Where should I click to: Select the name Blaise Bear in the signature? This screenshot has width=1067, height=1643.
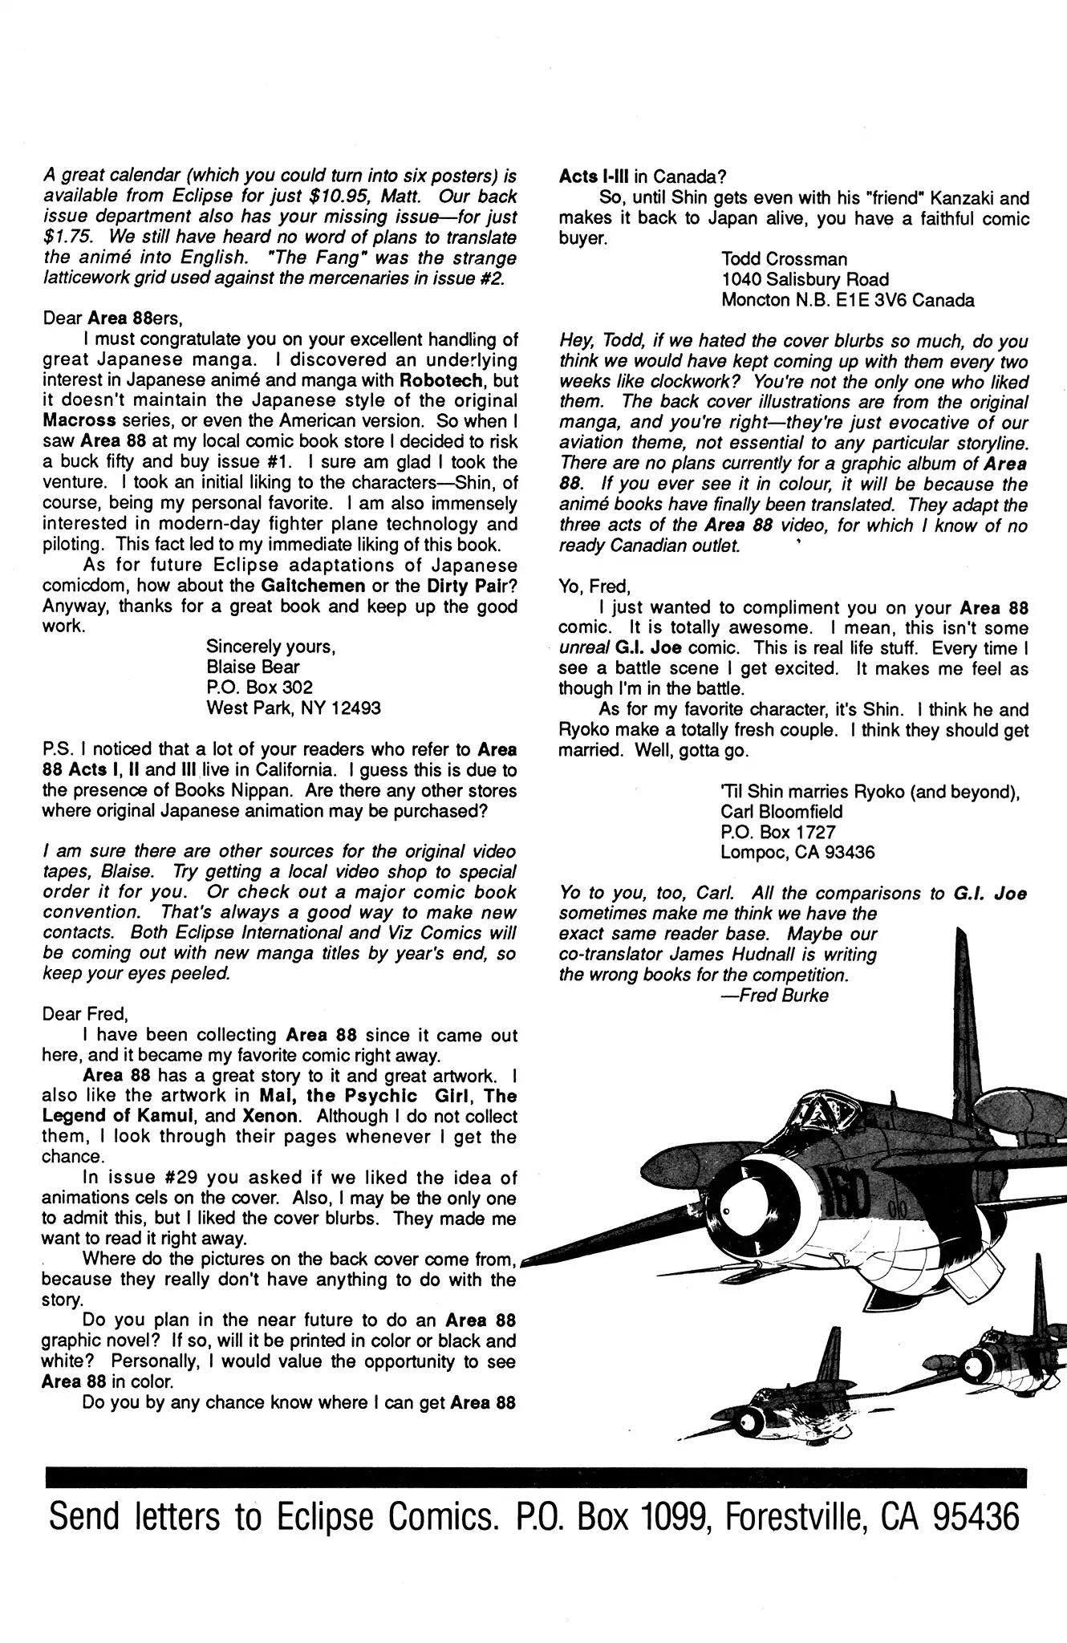tap(254, 667)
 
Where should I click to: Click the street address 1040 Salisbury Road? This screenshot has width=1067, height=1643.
tap(805, 280)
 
